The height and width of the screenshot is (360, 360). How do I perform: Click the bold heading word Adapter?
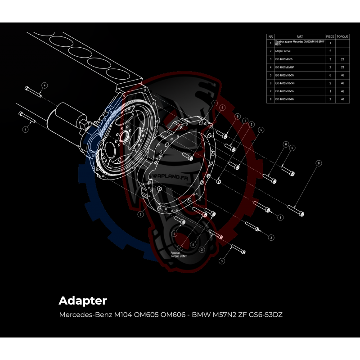(x=82, y=300)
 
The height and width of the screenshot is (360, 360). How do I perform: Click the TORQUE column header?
(x=342, y=36)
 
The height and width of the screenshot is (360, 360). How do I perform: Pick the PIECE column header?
(x=330, y=36)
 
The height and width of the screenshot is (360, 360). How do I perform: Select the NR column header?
(x=270, y=36)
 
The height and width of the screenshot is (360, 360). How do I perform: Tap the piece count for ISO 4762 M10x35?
(x=330, y=75)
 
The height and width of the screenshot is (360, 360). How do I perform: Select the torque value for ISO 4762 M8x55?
(x=342, y=59)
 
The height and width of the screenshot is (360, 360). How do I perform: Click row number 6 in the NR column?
(x=270, y=83)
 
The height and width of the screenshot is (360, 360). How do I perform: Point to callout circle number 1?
(x=214, y=103)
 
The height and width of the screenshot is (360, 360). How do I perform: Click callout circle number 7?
(x=180, y=248)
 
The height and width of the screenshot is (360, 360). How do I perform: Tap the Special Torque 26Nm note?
(x=178, y=255)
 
